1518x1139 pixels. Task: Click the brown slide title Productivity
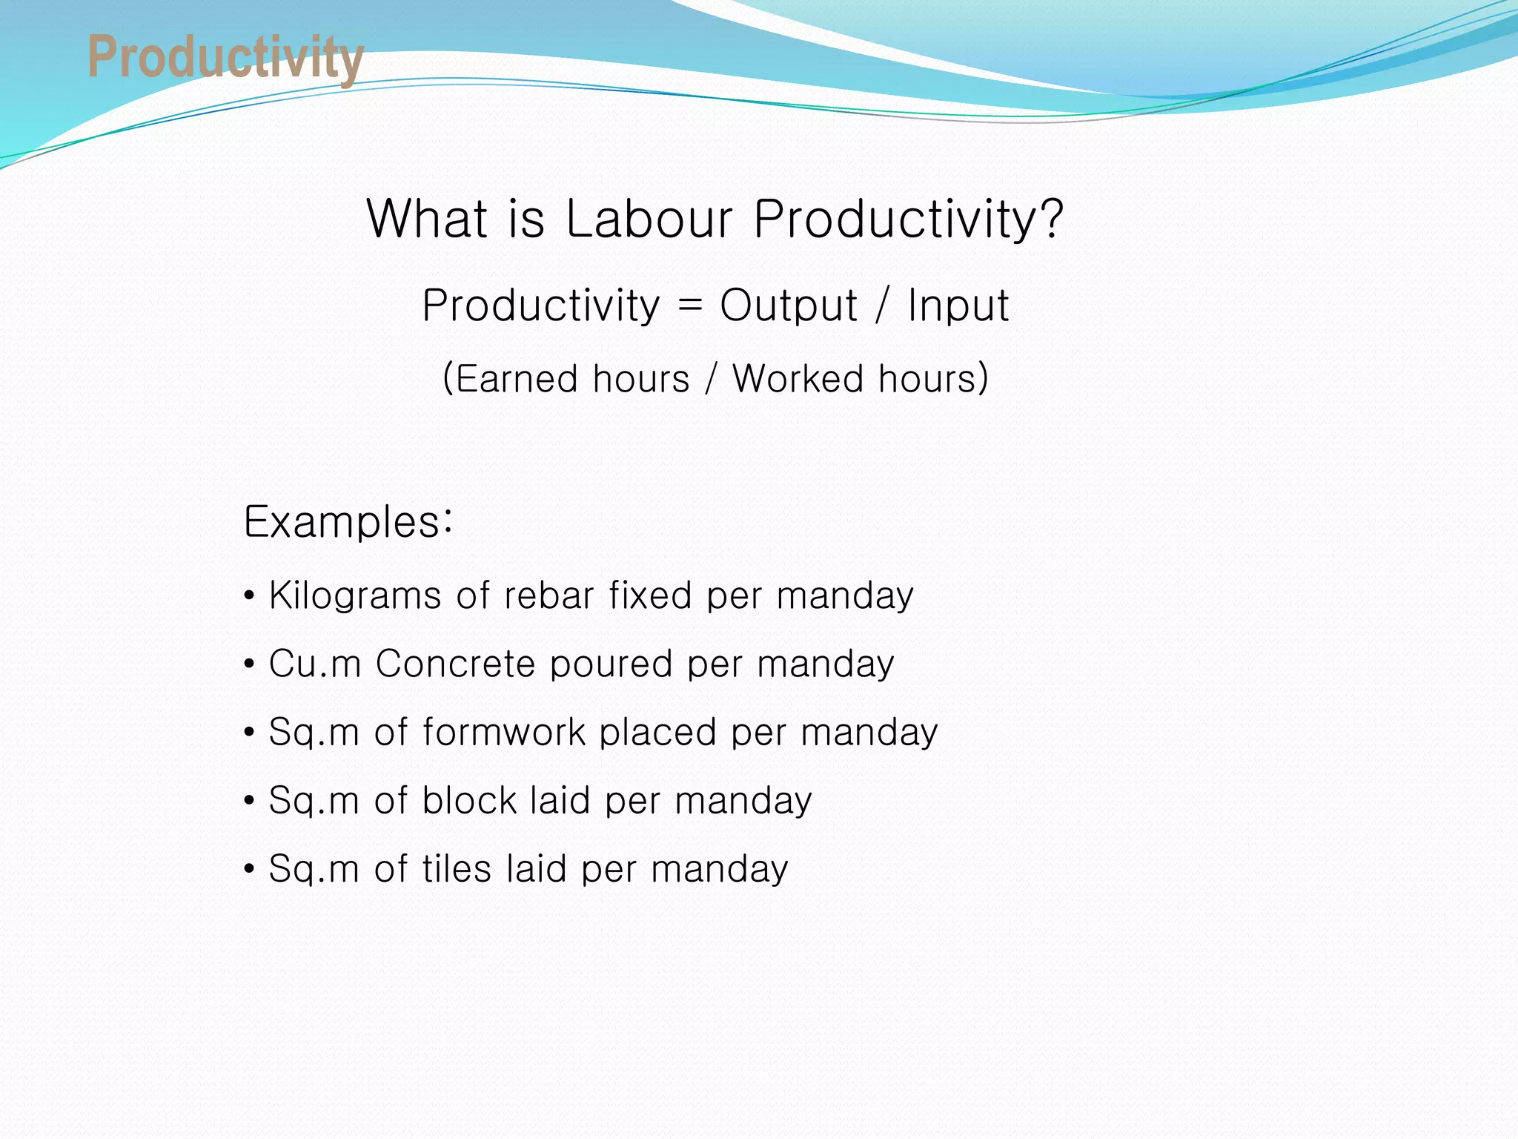[225, 58]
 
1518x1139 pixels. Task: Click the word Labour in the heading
[649, 219]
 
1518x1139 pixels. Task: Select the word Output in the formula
[788, 306]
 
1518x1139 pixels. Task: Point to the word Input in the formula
[958, 306]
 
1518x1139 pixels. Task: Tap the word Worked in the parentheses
[797, 379]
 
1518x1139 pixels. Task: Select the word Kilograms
[355, 596]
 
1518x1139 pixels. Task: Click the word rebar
[547, 596]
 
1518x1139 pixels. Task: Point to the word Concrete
[455, 664]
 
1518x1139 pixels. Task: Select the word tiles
[457, 869]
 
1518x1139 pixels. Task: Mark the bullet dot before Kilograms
[250, 596]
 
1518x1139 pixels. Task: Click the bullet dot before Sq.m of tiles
[250, 869]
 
